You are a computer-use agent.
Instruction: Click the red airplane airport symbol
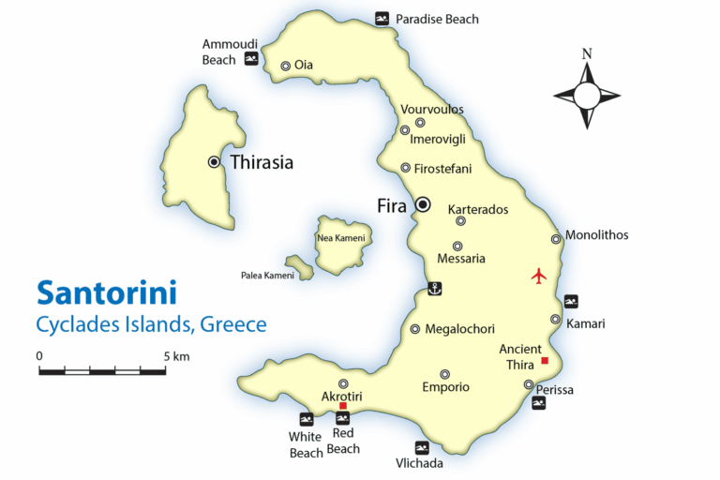(538, 276)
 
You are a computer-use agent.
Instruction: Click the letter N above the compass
(587, 54)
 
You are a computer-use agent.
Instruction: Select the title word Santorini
(106, 292)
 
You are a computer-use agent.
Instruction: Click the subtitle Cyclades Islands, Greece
(151, 325)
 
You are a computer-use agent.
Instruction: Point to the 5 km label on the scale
(175, 356)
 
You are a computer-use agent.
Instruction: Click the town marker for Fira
(423, 204)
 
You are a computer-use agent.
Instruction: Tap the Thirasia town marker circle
(214, 162)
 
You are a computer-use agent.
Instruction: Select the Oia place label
(304, 66)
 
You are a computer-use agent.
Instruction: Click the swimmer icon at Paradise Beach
(382, 19)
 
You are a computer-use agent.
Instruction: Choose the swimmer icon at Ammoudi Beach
(251, 59)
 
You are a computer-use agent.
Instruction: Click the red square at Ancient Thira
(545, 361)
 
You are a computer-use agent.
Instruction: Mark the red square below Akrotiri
(343, 406)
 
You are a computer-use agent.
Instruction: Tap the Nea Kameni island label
(341, 238)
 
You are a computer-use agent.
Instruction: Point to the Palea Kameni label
(267, 276)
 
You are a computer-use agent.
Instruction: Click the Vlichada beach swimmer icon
(422, 447)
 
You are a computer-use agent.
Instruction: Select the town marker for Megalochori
(415, 329)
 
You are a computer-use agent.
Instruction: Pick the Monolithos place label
(597, 235)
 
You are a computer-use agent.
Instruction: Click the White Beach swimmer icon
(306, 419)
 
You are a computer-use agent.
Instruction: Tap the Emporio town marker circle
(445, 374)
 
